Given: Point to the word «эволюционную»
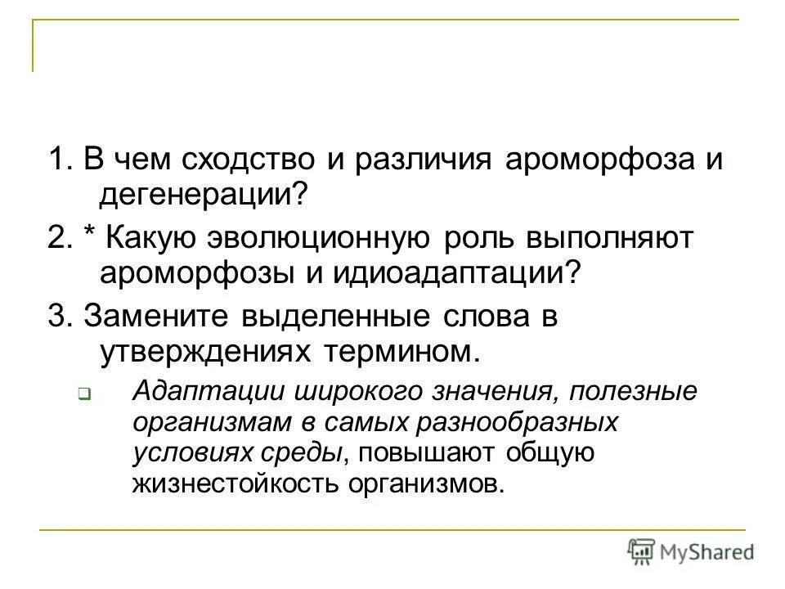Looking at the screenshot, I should point(316,239).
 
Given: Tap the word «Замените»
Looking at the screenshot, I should point(159,317).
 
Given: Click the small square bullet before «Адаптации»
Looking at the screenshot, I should point(83,393).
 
